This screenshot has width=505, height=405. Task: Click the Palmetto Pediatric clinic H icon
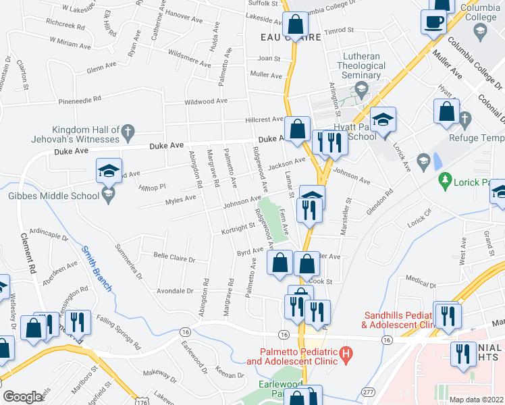(346, 353)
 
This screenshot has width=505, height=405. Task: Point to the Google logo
(23, 397)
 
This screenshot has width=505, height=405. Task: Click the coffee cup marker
(433, 22)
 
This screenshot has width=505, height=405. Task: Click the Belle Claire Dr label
(174, 259)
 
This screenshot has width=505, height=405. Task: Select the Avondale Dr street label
(174, 291)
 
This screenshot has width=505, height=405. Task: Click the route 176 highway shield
(141, 400)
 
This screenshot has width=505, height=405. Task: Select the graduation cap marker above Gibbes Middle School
(108, 171)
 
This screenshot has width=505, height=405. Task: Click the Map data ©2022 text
(477, 400)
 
